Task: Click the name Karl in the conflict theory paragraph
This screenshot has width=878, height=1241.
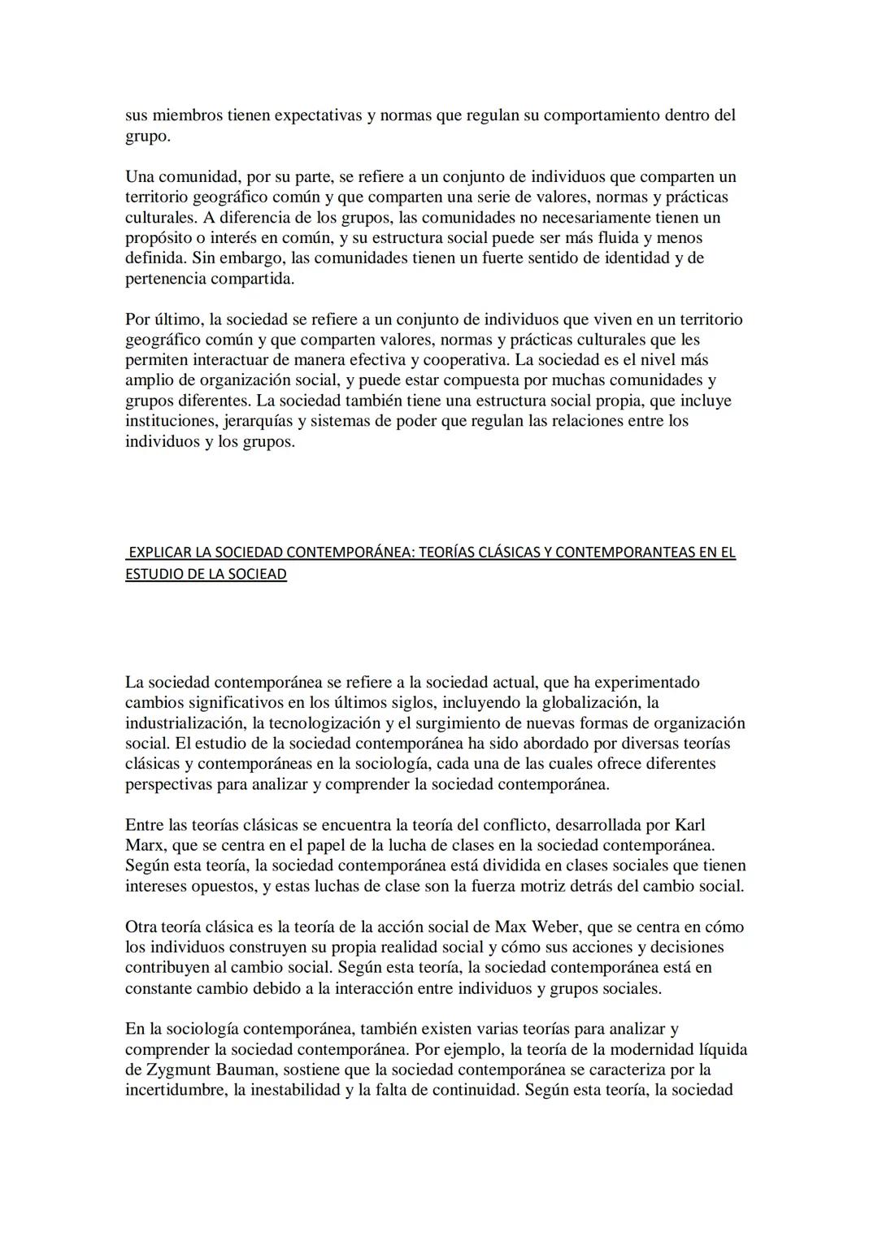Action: pyautogui.click(x=691, y=825)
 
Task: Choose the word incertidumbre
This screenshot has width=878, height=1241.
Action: pyautogui.click(x=175, y=1090)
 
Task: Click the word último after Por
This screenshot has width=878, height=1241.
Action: pyautogui.click(x=178, y=319)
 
